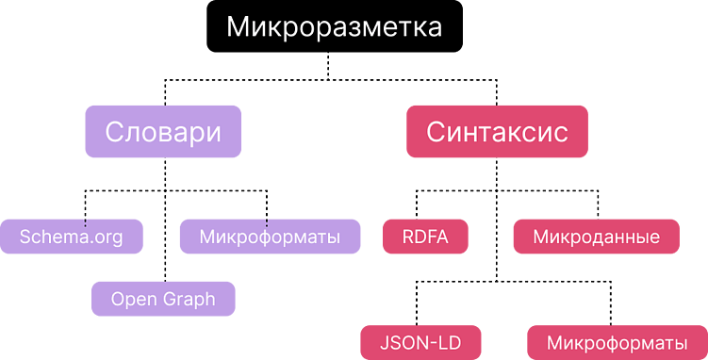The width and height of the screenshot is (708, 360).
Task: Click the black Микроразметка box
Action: [335, 26]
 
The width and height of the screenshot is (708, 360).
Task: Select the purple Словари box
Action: [163, 131]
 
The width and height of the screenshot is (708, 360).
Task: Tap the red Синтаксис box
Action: [497, 131]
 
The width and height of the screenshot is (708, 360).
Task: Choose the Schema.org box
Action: [72, 237]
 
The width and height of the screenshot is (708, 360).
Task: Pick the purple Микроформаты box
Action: [270, 237]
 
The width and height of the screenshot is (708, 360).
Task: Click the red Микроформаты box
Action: [617, 341]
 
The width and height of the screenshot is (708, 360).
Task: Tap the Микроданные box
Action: [596, 237]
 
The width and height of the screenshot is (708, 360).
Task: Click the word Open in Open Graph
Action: [134, 300]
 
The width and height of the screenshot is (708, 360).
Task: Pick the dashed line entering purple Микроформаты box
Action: [267, 205]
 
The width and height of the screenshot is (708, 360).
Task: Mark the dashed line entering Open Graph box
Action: [164, 254]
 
